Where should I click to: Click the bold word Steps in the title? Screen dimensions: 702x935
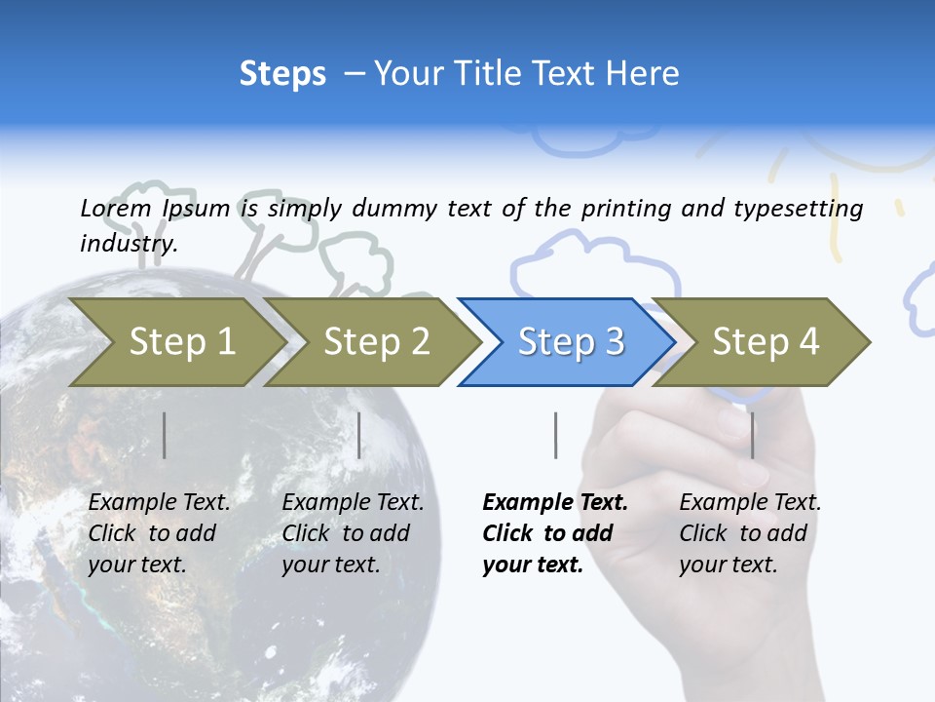pyautogui.click(x=282, y=74)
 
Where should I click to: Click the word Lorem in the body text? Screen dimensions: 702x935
pyautogui.click(x=115, y=208)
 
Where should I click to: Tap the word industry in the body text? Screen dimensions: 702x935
pyautogui.click(x=128, y=243)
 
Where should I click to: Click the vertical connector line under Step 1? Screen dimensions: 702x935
pyautogui.click(x=165, y=435)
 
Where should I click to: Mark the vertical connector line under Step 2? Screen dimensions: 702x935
pyautogui.click(x=359, y=435)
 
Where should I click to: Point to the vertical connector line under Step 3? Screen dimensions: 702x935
pyautogui.click(x=556, y=435)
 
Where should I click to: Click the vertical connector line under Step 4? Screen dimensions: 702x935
pyautogui.click(x=752, y=435)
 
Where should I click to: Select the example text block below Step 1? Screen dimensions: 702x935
pyautogui.click(x=159, y=533)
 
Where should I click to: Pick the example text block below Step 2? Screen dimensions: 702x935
pyautogui.click(x=353, y=533)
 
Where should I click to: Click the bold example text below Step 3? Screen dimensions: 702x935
pyautogui.click(x=555, y=533)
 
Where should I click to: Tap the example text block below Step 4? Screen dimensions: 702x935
pyautogui.click(x=750, y=533)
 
